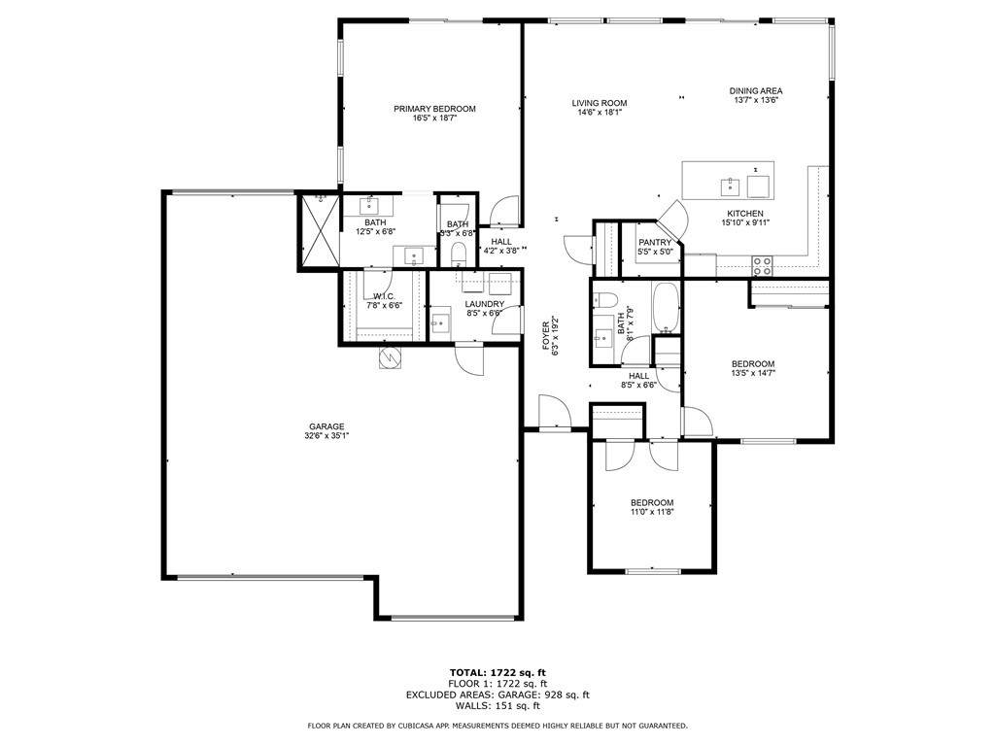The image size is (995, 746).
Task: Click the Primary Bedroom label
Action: pyautogui.click(x=434, y=109)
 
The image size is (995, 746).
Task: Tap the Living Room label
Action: pyautogui.click(x=599, y=103)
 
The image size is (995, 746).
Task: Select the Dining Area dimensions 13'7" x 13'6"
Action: pyautogui.click(x=756, y=100)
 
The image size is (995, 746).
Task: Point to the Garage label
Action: pyautogui.click(x=326, y=427)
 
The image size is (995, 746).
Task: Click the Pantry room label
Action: pyautogui.click(x=655, y=243)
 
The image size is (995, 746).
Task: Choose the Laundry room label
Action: pyautogui.click(x=484, y=304)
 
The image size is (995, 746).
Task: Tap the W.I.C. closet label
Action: pyautogui.click(x=384, y=297)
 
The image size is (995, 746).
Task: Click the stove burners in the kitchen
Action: pyautogui.click(x=762, y=266)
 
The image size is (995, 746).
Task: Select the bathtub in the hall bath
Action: pyautogui.click(x=666, y=308)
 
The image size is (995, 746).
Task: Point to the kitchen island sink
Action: pyautogui.click(x=731, y=187)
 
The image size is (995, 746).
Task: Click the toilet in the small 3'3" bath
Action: pyautogui.click(x=459, y=255)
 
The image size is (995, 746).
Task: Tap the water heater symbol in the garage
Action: pyautogui.click(x=389, y=357)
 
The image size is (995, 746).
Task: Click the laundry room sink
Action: pyautogui.click(x=440, y=323)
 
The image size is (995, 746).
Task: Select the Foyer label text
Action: pyautogui.click(x=546, y=336)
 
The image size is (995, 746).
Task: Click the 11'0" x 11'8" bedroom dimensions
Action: pyautogui.click(x=652, y=512)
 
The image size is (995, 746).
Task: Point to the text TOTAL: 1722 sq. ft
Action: pyautogui.click(x=497, y=672)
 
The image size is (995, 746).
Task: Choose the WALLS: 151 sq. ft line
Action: pyautogui.click(x=497, y=705)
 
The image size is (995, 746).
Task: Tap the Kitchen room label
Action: pyautogui.click(x=745, y=214)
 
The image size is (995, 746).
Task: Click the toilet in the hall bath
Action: pyautogui.click(x=605, y=300)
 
